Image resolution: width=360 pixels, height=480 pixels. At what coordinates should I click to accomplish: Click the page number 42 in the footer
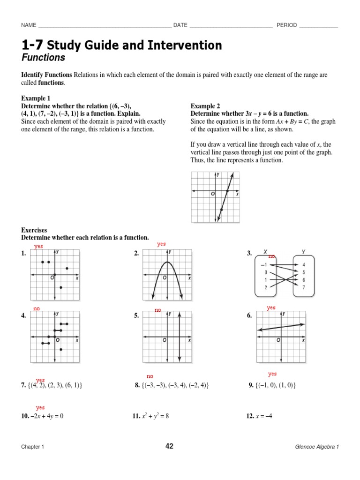coord(169,446)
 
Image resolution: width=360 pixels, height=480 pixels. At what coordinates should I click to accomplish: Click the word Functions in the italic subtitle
coord(43,58)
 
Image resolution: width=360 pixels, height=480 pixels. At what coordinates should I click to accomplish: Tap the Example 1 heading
coord(36,98)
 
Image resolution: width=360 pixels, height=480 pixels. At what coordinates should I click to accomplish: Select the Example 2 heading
coord(205,106)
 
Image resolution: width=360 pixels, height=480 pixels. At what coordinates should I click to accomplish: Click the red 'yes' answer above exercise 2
coord(161,244)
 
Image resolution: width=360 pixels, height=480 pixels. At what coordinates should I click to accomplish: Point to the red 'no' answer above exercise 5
coord(158,310)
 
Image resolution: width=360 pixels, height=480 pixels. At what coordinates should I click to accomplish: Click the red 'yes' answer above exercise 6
coord(271,307)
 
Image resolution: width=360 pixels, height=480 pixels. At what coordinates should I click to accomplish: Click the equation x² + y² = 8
coord(155,416)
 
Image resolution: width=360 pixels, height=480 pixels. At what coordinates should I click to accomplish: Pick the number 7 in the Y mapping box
coord(304,287)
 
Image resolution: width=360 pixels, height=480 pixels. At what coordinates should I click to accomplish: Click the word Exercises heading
coord(34,230)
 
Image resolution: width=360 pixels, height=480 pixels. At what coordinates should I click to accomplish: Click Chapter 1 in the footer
coord(32,447)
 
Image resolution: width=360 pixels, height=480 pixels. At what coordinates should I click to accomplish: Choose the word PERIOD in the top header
coord(286,25)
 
